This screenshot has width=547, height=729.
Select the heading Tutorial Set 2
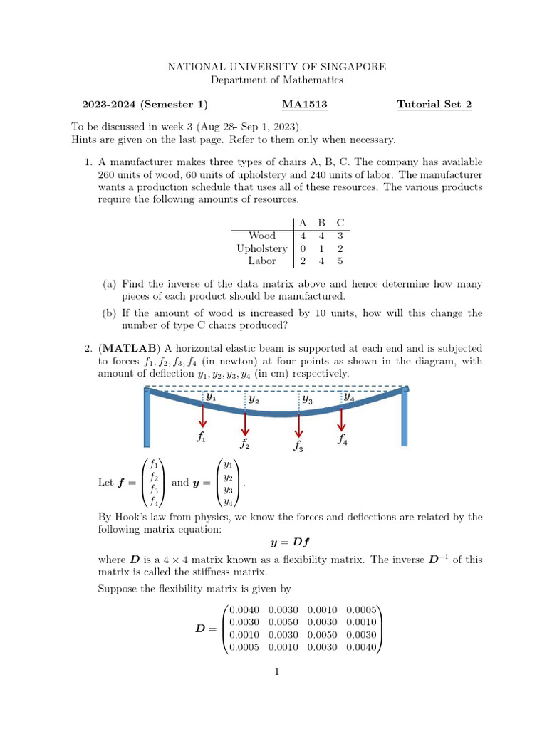click(434, 105)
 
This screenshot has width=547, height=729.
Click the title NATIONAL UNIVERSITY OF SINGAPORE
click(276, 67)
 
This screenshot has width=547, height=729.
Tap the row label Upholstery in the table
click(262, 248)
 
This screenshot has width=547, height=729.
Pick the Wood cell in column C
click(340, 236)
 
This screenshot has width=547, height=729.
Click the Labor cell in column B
click(322, 261)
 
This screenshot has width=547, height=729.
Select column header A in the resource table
click(303, 223)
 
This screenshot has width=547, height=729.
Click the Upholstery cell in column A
click(303, 248)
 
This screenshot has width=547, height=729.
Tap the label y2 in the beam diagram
click(254, 400)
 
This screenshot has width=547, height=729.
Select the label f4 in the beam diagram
click(343, 439)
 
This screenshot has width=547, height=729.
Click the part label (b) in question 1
click(110, 313)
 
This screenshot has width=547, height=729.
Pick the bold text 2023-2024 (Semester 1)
click(145, 105)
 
